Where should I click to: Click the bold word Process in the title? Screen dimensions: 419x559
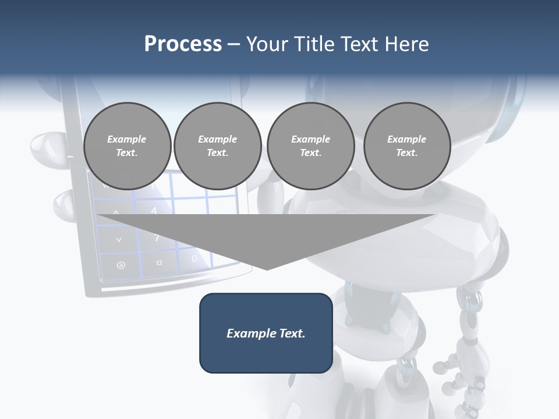pos(183,44)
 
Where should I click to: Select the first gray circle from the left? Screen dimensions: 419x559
pos(127,146)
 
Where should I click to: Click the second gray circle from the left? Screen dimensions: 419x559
pos(218,146)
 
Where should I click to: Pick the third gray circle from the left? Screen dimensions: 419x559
pos(310,146)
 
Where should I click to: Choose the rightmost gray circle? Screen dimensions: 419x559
pos(407,146)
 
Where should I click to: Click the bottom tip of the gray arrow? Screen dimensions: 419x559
pos(267,268)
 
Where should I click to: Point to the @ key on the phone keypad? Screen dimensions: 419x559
pos(121,265)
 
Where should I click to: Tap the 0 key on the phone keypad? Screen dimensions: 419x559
pos(194,258)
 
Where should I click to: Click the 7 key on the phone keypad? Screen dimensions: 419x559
pos(157,237)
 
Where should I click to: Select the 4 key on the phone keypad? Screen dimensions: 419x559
pos(154,210)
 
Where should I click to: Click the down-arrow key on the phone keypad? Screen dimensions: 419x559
pos(119,239)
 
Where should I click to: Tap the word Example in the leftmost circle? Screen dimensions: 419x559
pos(126,139)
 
